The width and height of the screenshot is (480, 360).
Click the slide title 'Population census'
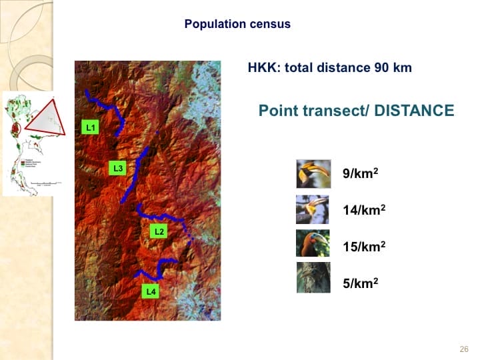[237, 24]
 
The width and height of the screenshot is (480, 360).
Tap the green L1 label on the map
[90, 126]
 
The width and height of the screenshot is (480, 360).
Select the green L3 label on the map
[117, 168]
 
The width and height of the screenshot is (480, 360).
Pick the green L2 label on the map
[158, 231]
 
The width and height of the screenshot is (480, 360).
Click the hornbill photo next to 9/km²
[313, 174]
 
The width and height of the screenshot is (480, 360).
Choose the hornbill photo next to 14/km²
[313, 209]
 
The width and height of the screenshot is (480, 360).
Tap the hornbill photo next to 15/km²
[313, 243]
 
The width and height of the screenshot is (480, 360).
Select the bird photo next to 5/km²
[313, 278]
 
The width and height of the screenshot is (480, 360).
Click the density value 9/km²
[361, 173]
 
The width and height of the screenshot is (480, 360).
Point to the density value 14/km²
[364, 209]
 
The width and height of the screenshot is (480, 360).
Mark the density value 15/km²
[364, 246]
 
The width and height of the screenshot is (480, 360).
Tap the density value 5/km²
[361, 282]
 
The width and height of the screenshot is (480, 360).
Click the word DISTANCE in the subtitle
[414, 111]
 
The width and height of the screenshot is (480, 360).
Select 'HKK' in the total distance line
[260, 68]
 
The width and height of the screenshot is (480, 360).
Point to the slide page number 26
[464, 349]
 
